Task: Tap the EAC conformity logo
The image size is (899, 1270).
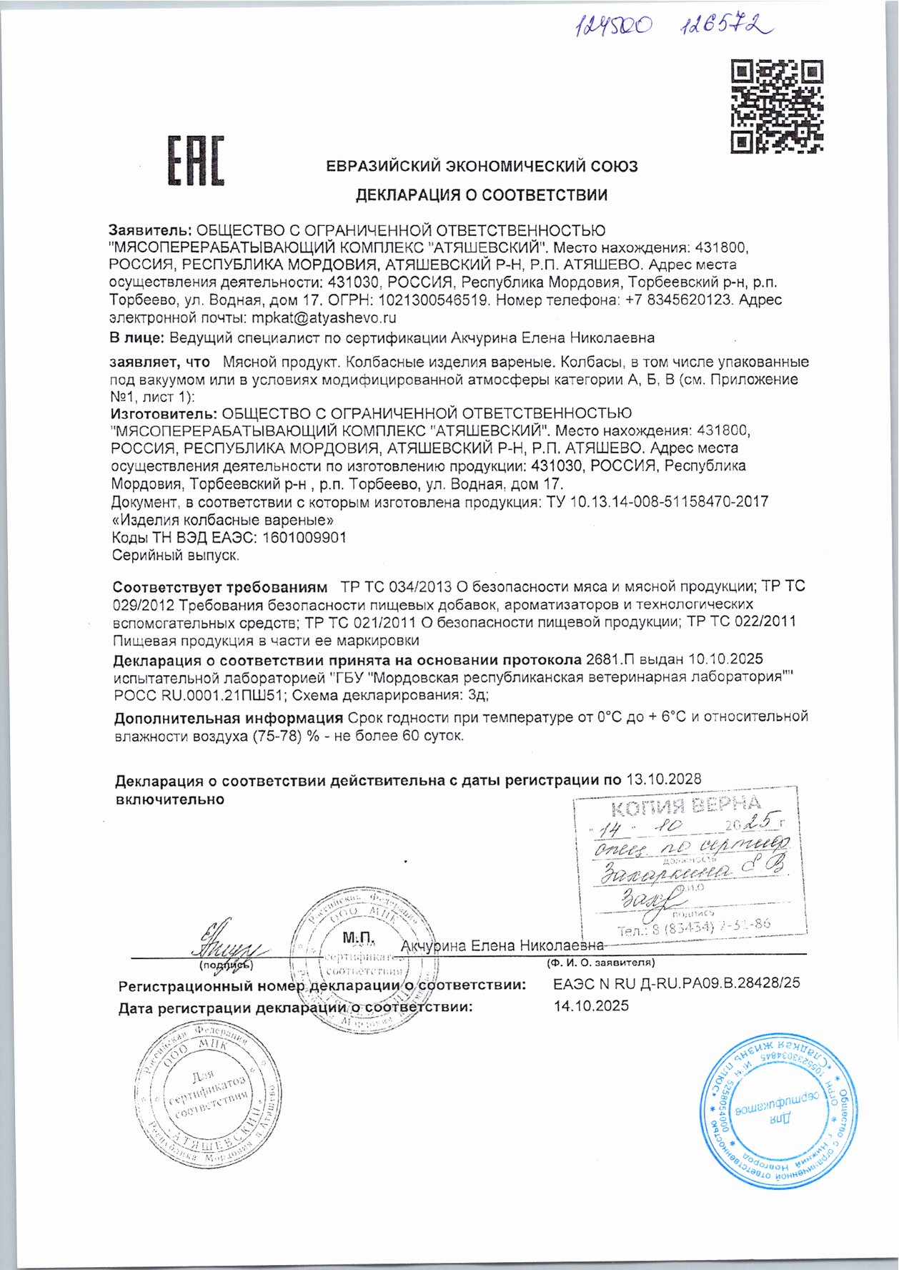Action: tap(196, 161)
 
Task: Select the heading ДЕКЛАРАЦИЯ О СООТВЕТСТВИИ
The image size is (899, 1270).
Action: tap(482, 195)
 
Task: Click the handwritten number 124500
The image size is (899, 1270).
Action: tap(615, 27)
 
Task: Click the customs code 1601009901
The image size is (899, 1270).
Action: tap(305, 537)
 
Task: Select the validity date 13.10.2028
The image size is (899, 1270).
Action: tap(664, 779)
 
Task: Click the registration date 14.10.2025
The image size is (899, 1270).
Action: tap(591, 1006)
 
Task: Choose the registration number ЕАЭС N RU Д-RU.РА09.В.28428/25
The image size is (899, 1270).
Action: tap(676, 983)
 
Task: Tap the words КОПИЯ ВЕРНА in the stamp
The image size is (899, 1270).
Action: tap(685, 806)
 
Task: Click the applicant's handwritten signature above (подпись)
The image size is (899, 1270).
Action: tap(225, 944)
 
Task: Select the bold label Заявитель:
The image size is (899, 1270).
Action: tap(150, 231)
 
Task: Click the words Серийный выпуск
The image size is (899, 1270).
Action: tap(176, 555)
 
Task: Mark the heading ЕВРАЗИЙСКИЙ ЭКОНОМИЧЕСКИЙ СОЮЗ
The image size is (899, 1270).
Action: tap(482, 167)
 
